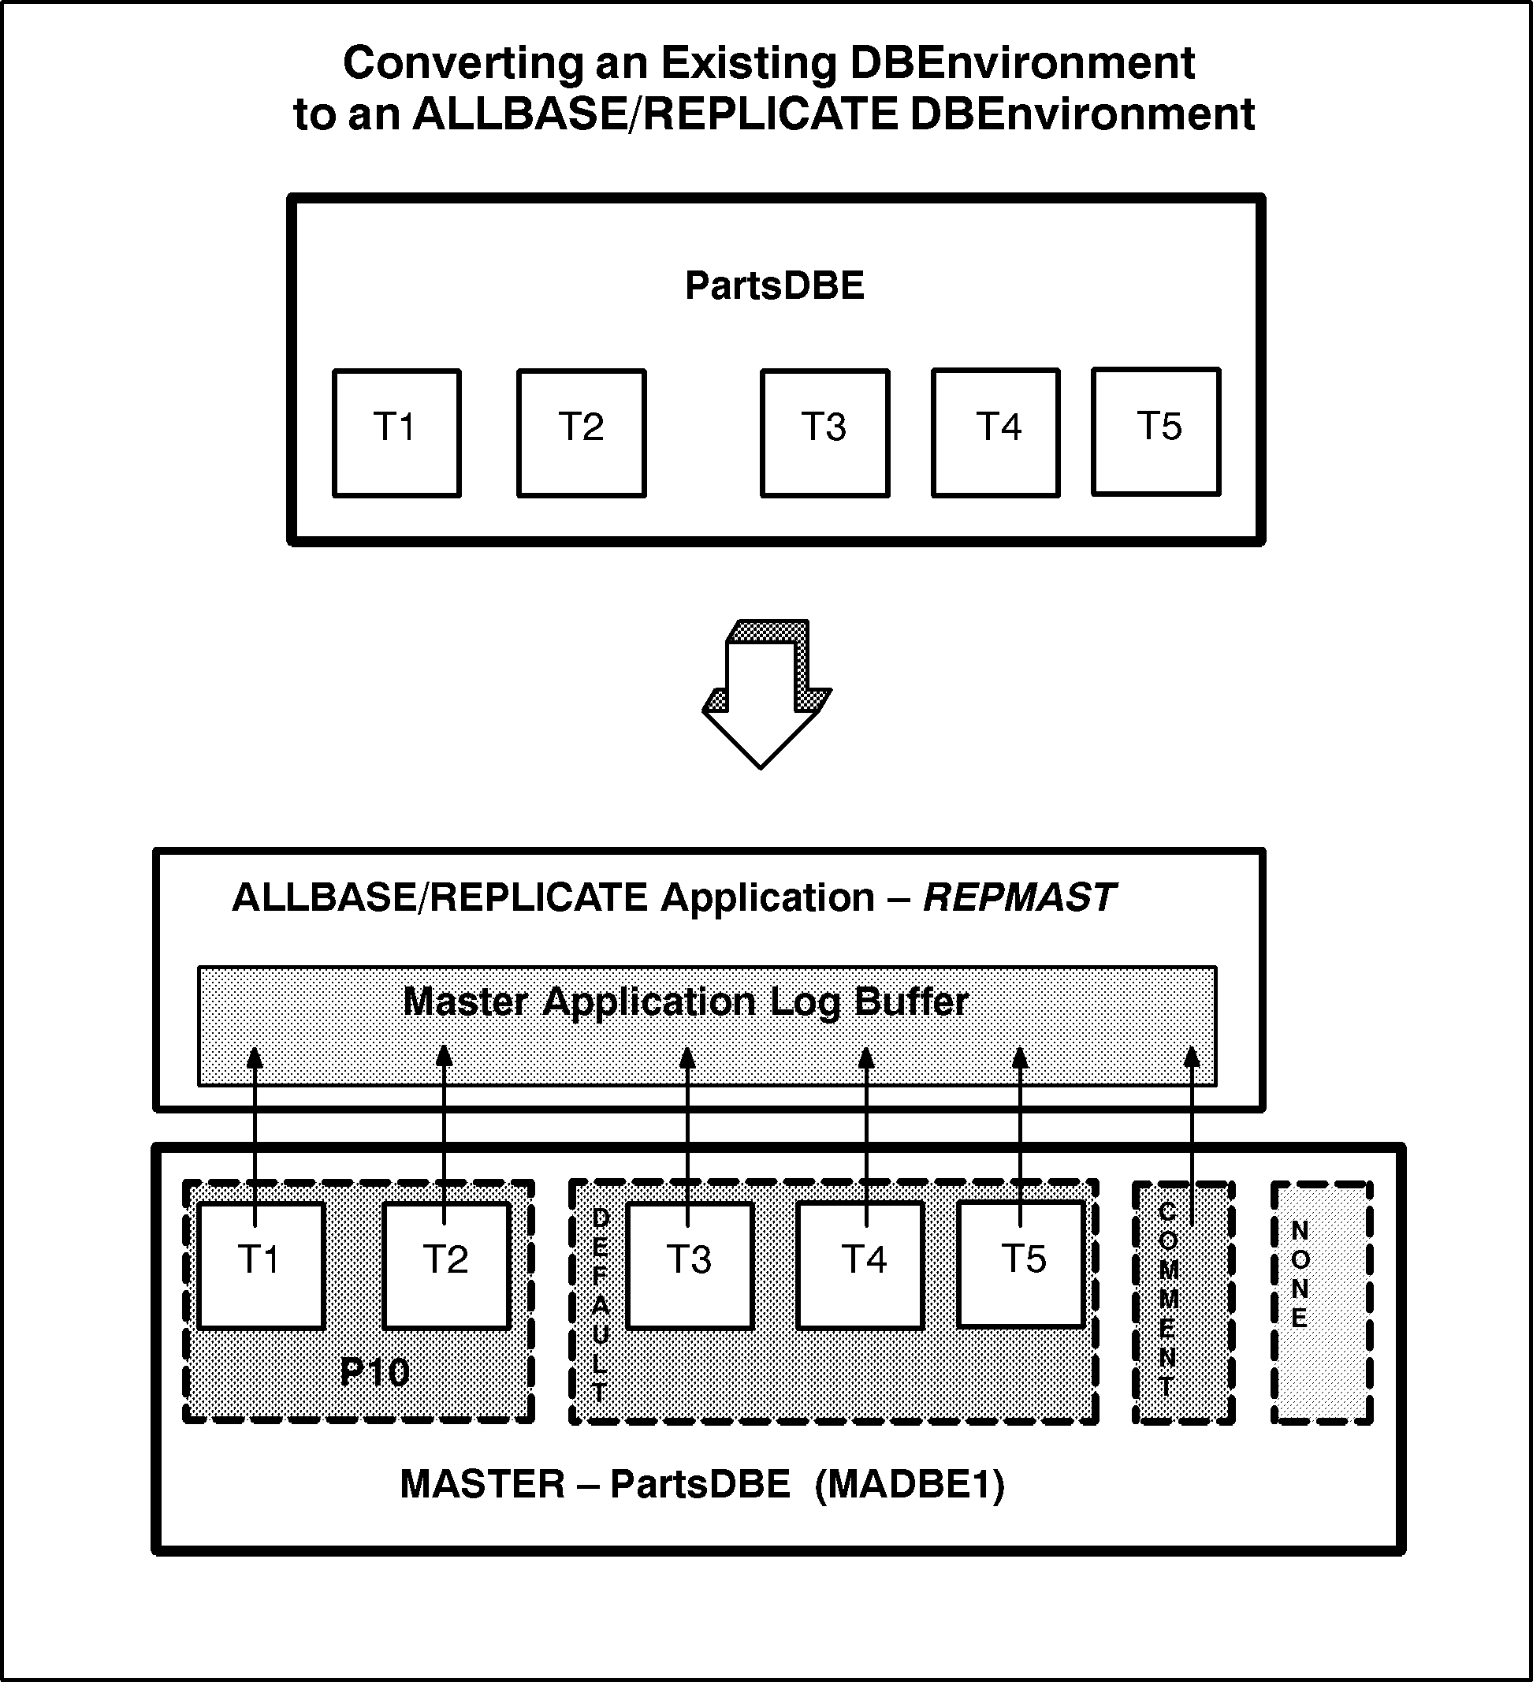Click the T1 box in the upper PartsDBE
point(396,433)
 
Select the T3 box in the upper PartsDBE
point(825,433)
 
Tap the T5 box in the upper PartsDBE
point(1156,432)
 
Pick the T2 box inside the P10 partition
point(446,1265)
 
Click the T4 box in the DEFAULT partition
point(860,1265)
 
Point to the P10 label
point(374,1372)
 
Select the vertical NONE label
point(1300,1274)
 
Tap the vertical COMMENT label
point(1168,1298)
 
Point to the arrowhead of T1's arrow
point(255,1057)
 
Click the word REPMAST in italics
point(1019,897)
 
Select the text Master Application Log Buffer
point(686,1001)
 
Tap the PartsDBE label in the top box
point(774,286)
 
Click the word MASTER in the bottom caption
point(482,1484)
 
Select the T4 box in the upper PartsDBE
point(996,433)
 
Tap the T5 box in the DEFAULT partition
point(1021,1265)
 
